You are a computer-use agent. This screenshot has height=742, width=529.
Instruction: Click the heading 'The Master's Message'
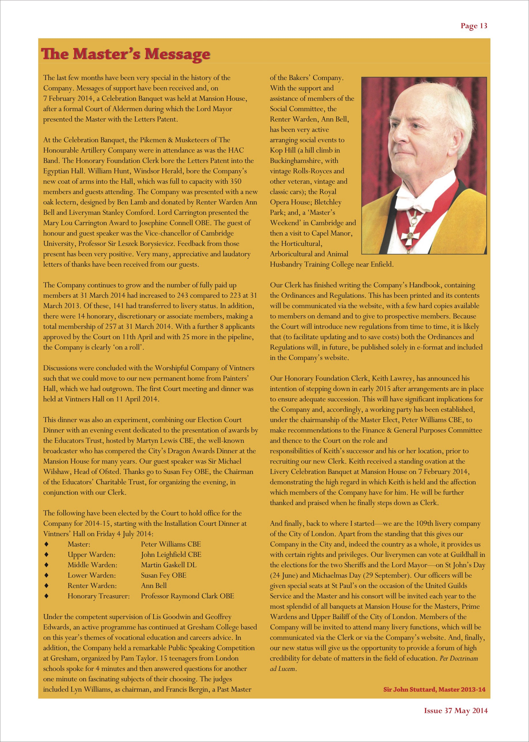(x=126, y=54)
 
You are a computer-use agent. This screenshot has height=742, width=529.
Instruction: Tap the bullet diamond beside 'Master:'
(x=46, y=544)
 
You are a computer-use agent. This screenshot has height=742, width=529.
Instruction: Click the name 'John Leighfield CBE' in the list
(x=171, y=555)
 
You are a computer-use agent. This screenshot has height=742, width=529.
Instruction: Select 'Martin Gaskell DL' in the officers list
(x=169, y=565)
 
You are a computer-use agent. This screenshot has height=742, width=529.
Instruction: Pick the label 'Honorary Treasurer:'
(x=99, y=596)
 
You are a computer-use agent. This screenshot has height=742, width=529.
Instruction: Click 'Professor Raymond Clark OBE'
(x=187, y=596)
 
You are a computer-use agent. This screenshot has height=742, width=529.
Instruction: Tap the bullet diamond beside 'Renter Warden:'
(x=46, y=586)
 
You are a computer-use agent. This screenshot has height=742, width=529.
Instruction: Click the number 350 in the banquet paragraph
(x=236, y=181)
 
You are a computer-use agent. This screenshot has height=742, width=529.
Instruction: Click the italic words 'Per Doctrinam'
(x=459, y=658)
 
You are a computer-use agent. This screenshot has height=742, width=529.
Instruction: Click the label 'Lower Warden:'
(x=92, y=575)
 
